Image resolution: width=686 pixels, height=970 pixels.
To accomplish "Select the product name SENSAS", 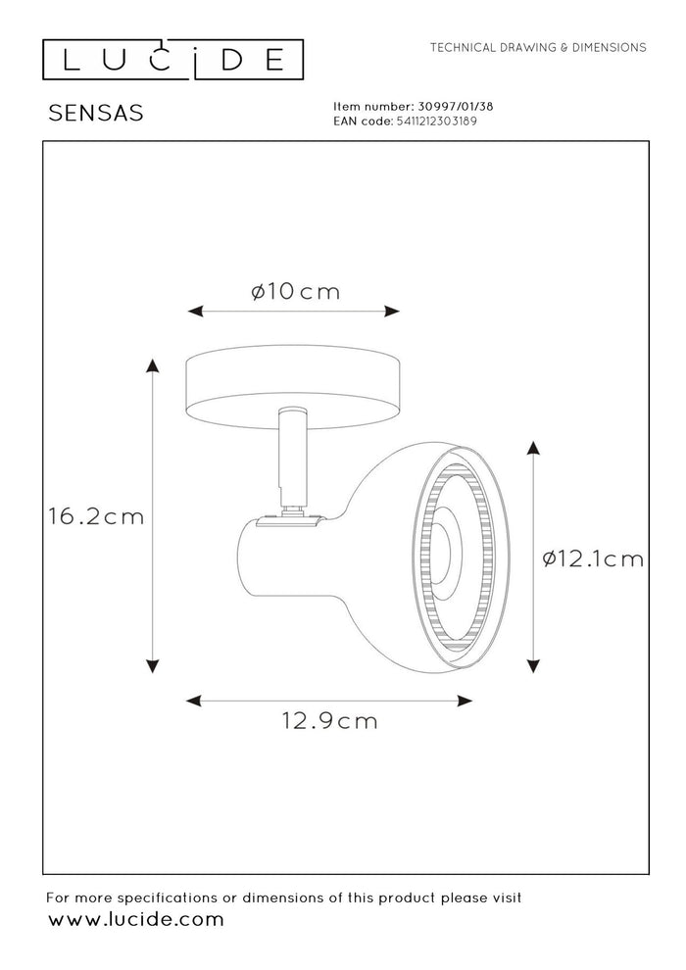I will [96, 114].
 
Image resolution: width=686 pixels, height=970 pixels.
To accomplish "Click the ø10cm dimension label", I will [295, 291].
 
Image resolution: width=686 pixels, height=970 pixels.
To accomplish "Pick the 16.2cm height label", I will [96, 516].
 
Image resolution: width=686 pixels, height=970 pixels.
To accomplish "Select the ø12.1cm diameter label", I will [593, 558].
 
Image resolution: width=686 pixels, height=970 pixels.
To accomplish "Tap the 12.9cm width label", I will [330, 721].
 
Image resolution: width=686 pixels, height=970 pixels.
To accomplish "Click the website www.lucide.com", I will [136, 919].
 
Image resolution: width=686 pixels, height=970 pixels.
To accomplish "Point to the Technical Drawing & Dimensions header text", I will [538, 47].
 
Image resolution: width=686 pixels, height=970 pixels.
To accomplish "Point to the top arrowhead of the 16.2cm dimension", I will [152, 366].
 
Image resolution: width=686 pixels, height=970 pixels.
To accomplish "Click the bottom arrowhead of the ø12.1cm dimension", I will [533, 666].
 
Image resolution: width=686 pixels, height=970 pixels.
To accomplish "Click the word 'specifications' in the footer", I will [173, 897].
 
